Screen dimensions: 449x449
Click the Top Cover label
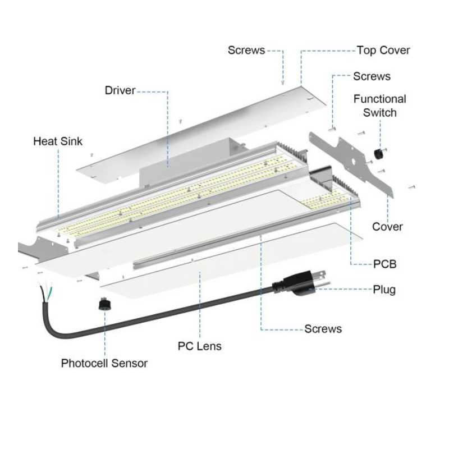click(383, 51)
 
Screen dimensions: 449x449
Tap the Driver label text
click(120, 90)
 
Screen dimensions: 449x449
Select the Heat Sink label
click(57, 141)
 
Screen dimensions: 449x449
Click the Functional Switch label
click(379, 106)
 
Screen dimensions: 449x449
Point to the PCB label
click(384, 263)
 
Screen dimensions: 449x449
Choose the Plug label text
click(384, 290)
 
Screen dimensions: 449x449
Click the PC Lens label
click(199, 346)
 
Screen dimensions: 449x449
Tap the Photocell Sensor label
click(104, 363)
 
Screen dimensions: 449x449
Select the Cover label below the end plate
click(387, 227)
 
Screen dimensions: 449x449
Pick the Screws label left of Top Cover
click(246, 51)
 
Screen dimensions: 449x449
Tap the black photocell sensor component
click(104, 304)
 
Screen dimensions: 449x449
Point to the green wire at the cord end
click(51, 291)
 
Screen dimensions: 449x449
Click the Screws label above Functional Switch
click(372, 76)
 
